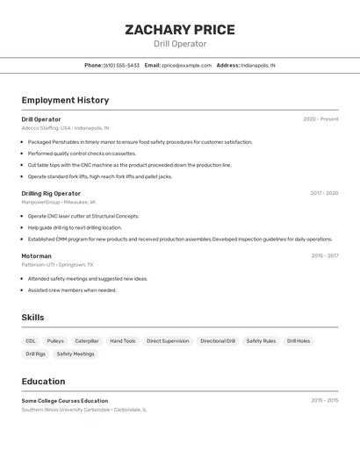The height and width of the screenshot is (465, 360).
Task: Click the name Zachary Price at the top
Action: pos(180,30)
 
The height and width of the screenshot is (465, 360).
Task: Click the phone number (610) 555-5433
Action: pos(121,65)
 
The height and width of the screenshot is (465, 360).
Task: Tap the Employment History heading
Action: pos(65,100)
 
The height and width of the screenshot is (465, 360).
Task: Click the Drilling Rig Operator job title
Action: pos(51,193)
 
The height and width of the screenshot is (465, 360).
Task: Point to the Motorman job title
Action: pos(37,256)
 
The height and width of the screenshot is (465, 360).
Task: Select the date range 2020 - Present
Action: pos(320,119)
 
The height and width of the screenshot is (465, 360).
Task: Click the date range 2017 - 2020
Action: pos(324,193)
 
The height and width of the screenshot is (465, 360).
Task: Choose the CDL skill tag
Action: pos(31,341)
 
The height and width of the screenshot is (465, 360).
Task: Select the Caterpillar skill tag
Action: pos(87,341)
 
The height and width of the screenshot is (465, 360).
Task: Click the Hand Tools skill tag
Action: pos(123,341)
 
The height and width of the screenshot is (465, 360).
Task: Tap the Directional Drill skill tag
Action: pos(218,341)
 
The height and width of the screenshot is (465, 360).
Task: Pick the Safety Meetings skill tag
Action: pos(76,354)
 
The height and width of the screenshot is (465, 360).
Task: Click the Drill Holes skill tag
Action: pos(299,341)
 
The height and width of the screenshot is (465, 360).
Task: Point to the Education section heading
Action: pos(43,382)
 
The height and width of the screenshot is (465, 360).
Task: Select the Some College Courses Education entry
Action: pos(65,401)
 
